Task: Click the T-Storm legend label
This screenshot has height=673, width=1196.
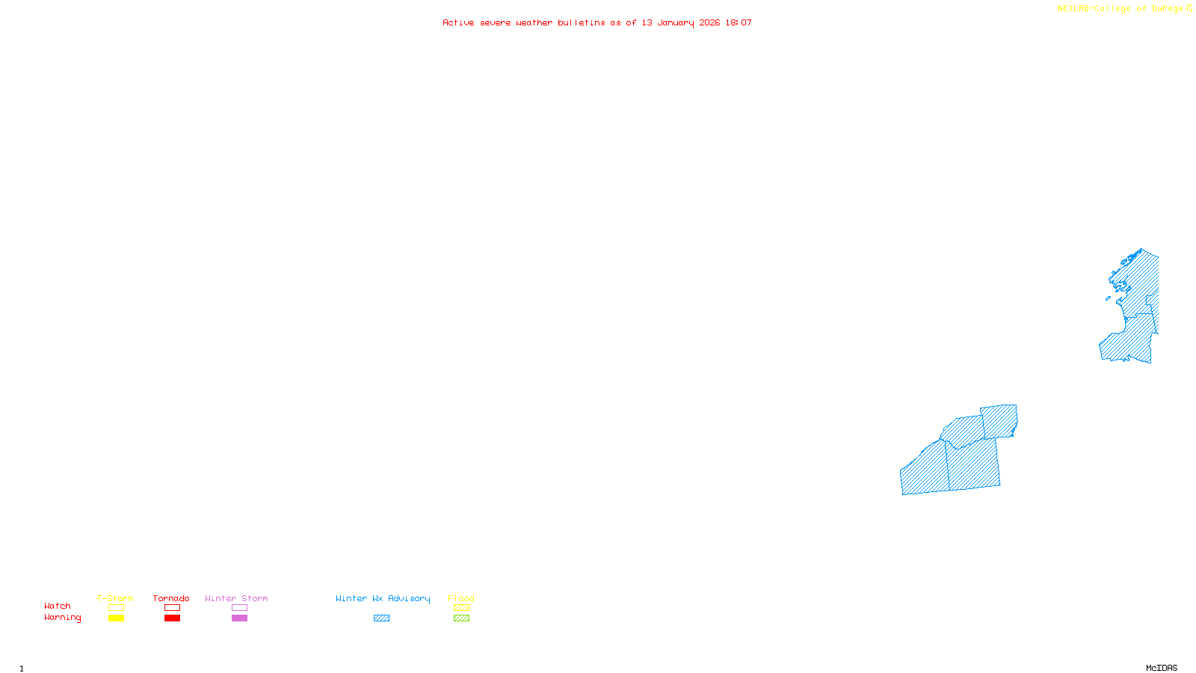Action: tap(115, 598)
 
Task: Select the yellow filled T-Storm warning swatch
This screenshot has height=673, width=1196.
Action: tap(116, 618)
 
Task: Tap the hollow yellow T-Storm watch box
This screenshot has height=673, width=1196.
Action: tap(116, 608)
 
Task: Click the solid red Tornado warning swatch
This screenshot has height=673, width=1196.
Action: tap(172, 618)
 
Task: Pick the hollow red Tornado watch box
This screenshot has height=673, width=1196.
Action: tap(172, 608)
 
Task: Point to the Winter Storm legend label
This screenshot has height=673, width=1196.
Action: tap(236, 598)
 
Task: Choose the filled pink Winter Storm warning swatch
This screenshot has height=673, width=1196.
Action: tap(239, 618)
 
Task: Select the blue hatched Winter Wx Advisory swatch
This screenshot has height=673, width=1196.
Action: tap(381, 618)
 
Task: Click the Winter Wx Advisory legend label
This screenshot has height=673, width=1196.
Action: tap(383, 598)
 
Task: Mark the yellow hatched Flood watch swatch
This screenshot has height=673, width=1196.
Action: tap(461, 608)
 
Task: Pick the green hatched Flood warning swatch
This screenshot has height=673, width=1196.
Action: tap(461, 618)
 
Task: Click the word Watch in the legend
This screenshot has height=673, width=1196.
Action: tap(58, 606)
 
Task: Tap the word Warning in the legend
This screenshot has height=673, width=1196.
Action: tap(62, 618)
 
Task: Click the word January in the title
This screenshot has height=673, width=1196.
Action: tap(676, 23)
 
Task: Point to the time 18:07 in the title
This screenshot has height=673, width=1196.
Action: tap(739, 23)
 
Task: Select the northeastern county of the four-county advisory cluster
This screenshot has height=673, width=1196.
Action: tap(1000, 421)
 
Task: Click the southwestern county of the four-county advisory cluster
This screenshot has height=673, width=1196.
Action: tap(925, 470)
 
